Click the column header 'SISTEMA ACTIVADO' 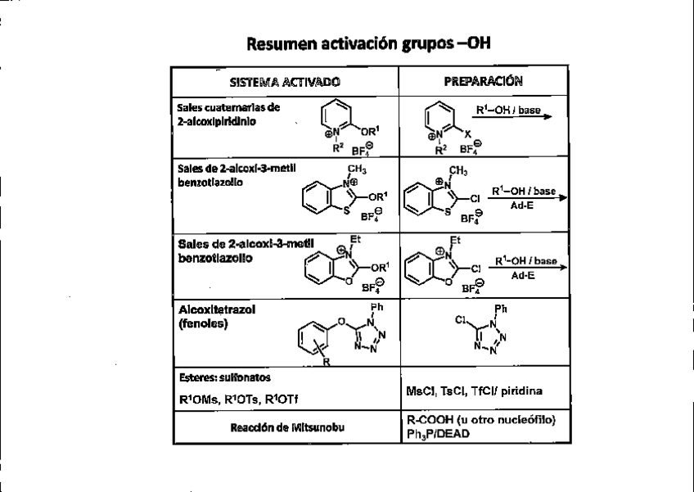point(285,82)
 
